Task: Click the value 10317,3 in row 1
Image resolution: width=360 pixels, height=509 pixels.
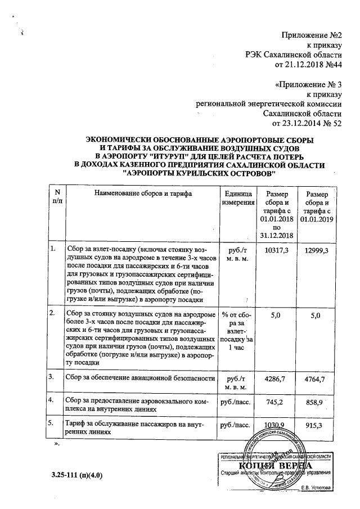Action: (276, 249)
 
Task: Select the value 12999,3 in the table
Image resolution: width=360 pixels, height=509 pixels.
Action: (315, 249)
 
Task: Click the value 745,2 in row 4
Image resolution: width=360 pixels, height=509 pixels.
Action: (276, 403)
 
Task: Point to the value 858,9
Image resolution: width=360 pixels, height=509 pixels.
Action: (315, 403)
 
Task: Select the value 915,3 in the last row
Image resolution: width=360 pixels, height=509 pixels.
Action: (315, 426)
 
